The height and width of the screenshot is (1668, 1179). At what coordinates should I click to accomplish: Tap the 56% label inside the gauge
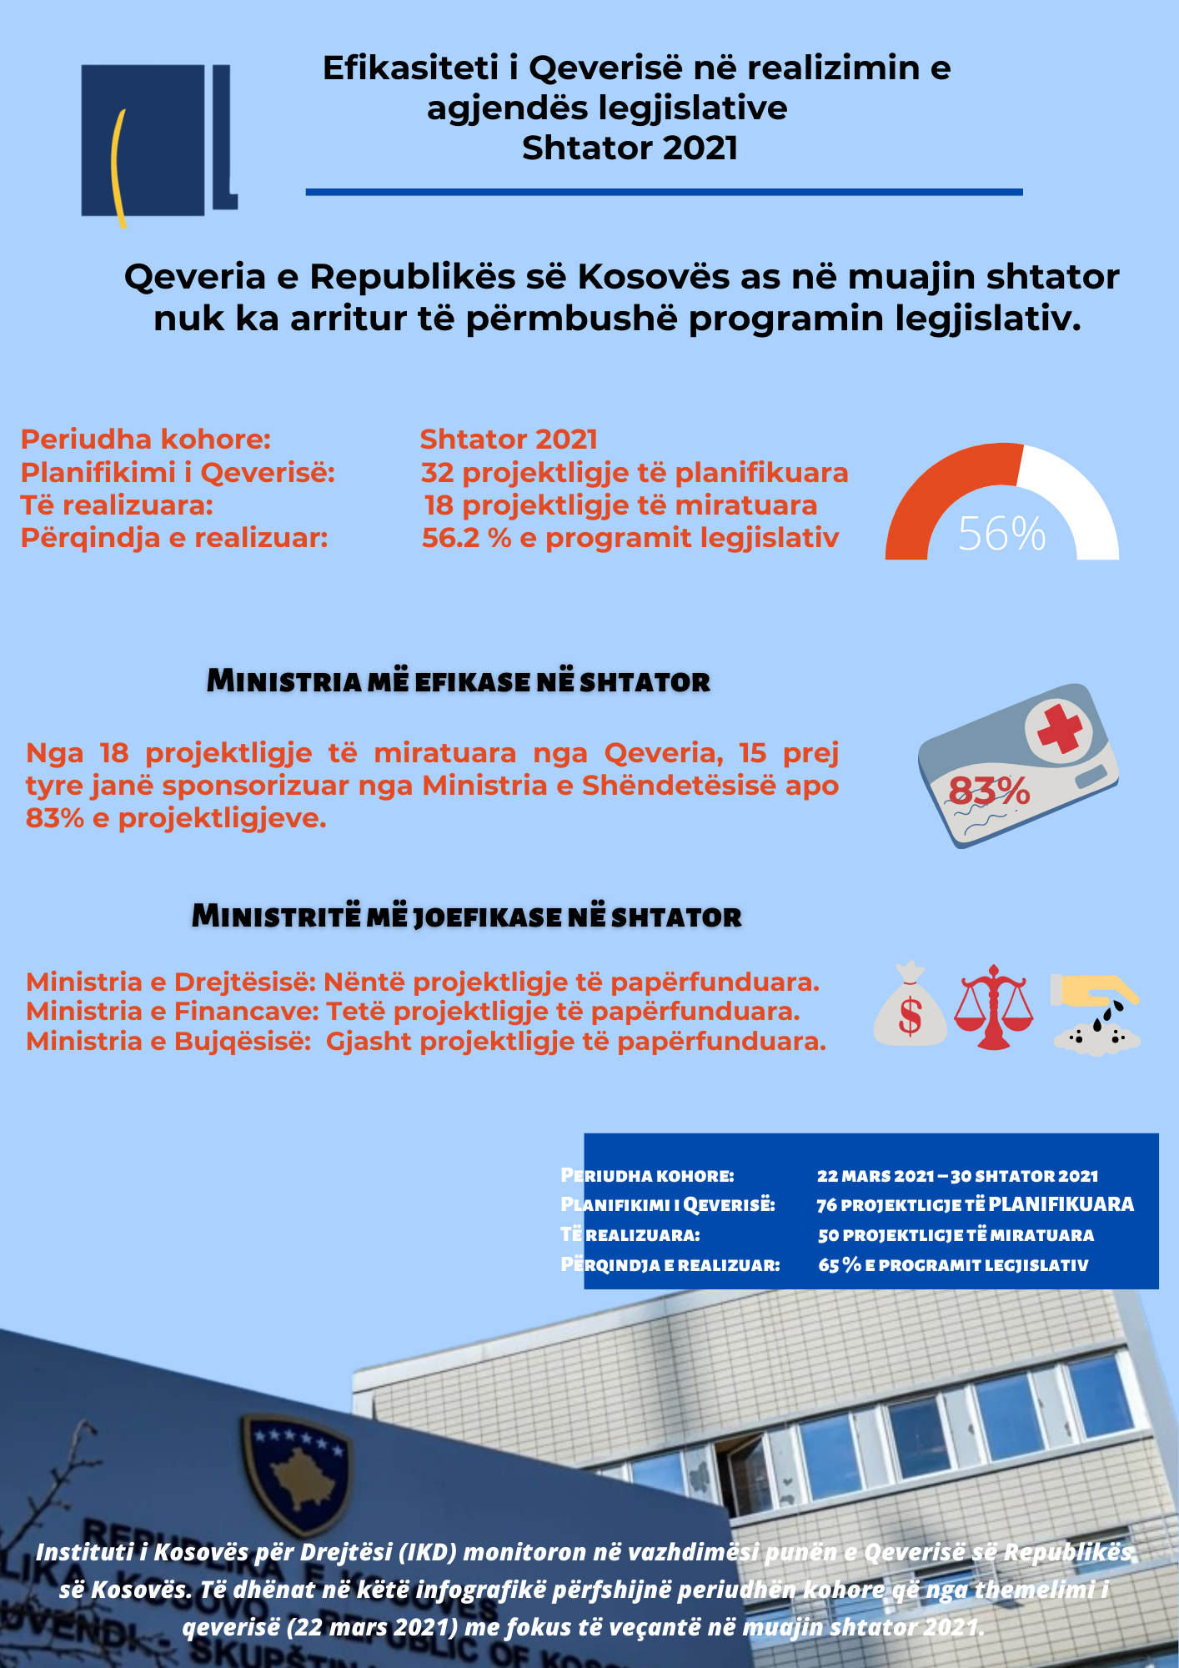(1001, 534)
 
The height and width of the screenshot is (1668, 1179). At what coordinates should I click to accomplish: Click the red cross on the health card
(1059, 727)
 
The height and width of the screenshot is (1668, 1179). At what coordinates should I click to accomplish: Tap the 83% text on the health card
(990, 791)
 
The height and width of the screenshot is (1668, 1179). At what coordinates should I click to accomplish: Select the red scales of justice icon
(993, 1007)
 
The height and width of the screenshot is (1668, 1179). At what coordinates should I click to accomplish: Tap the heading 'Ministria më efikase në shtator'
(458, 681)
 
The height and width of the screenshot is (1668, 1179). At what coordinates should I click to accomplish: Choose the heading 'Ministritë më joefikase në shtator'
(466, 917)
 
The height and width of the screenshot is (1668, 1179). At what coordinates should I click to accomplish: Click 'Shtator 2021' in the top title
(630, 148)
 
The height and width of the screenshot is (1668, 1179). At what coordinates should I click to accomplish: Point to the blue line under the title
(664, 193)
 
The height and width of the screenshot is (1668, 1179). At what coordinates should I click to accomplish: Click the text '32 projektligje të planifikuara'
(635, 473)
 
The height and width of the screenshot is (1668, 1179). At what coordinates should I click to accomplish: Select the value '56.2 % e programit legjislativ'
(630, 538)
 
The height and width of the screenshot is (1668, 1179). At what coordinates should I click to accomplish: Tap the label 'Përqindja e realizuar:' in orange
(174, 538)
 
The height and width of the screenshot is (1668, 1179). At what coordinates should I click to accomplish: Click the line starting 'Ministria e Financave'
(413, 1012)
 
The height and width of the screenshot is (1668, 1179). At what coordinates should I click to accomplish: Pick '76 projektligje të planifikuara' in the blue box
(975, 1205)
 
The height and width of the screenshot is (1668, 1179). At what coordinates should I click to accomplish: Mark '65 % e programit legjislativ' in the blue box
(953, 1265)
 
